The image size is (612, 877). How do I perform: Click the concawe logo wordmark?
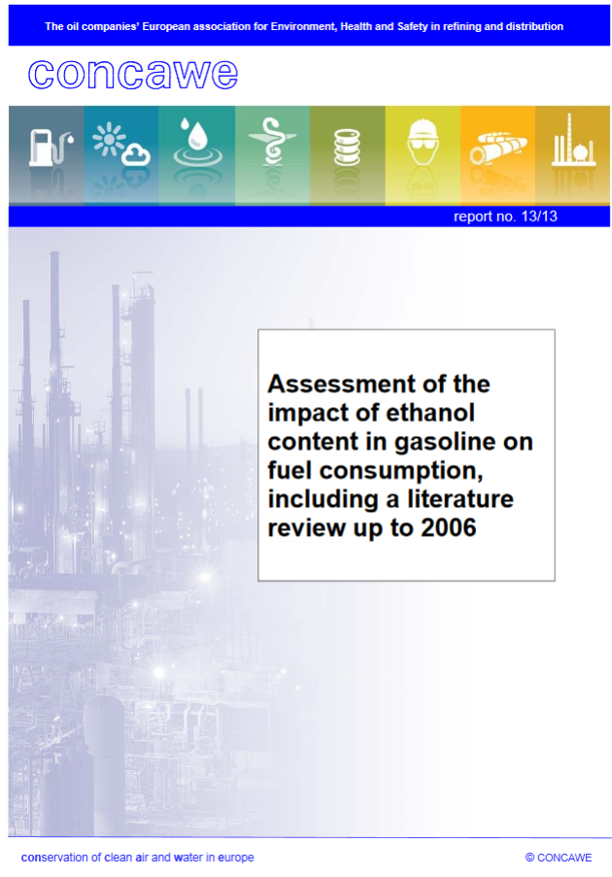tap(133, 75)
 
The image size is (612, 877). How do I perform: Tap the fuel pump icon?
tap(51, 147)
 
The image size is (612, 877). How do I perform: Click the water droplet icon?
tap(197, 142)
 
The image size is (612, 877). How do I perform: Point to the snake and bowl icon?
tap(272, 142)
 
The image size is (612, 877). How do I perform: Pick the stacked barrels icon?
tap(347, 147)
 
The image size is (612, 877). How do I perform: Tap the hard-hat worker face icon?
tap(423, 142)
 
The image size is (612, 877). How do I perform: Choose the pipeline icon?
tap(498, 149)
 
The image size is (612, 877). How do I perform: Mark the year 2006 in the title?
tap(448, 527)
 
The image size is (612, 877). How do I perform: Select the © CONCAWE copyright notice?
tap(559, 858)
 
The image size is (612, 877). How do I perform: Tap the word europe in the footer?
tap(235, 858)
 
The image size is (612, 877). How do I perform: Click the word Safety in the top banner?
tap(412, 26)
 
